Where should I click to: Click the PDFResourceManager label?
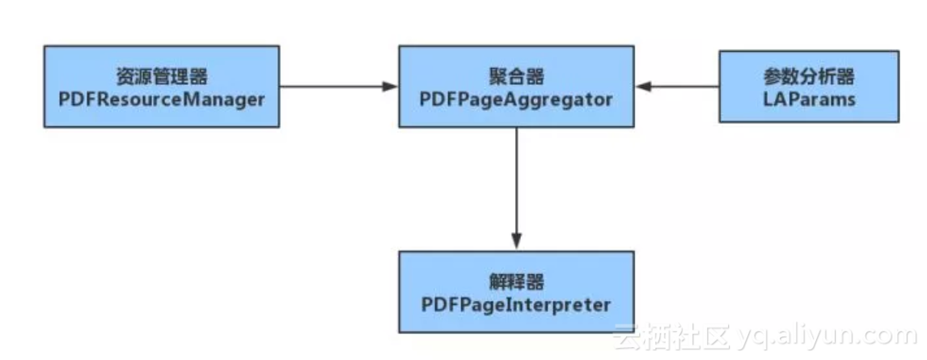pos(162,100)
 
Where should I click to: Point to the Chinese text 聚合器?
pos(516,77)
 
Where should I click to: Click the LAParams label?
pos(809,99)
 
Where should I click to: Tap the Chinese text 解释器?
pos(516,282)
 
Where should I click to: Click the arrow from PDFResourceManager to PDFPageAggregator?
pos(336,85)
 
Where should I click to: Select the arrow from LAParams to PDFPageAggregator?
pos(679,85)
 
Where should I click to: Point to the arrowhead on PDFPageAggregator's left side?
pos(391,85)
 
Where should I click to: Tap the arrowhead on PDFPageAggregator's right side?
pos(643,85)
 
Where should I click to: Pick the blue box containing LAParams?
pos(809,87)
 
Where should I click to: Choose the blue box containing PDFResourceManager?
pos(162,86)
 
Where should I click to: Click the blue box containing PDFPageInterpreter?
pos(516,291)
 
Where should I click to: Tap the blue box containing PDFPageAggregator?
pos(516,86)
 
